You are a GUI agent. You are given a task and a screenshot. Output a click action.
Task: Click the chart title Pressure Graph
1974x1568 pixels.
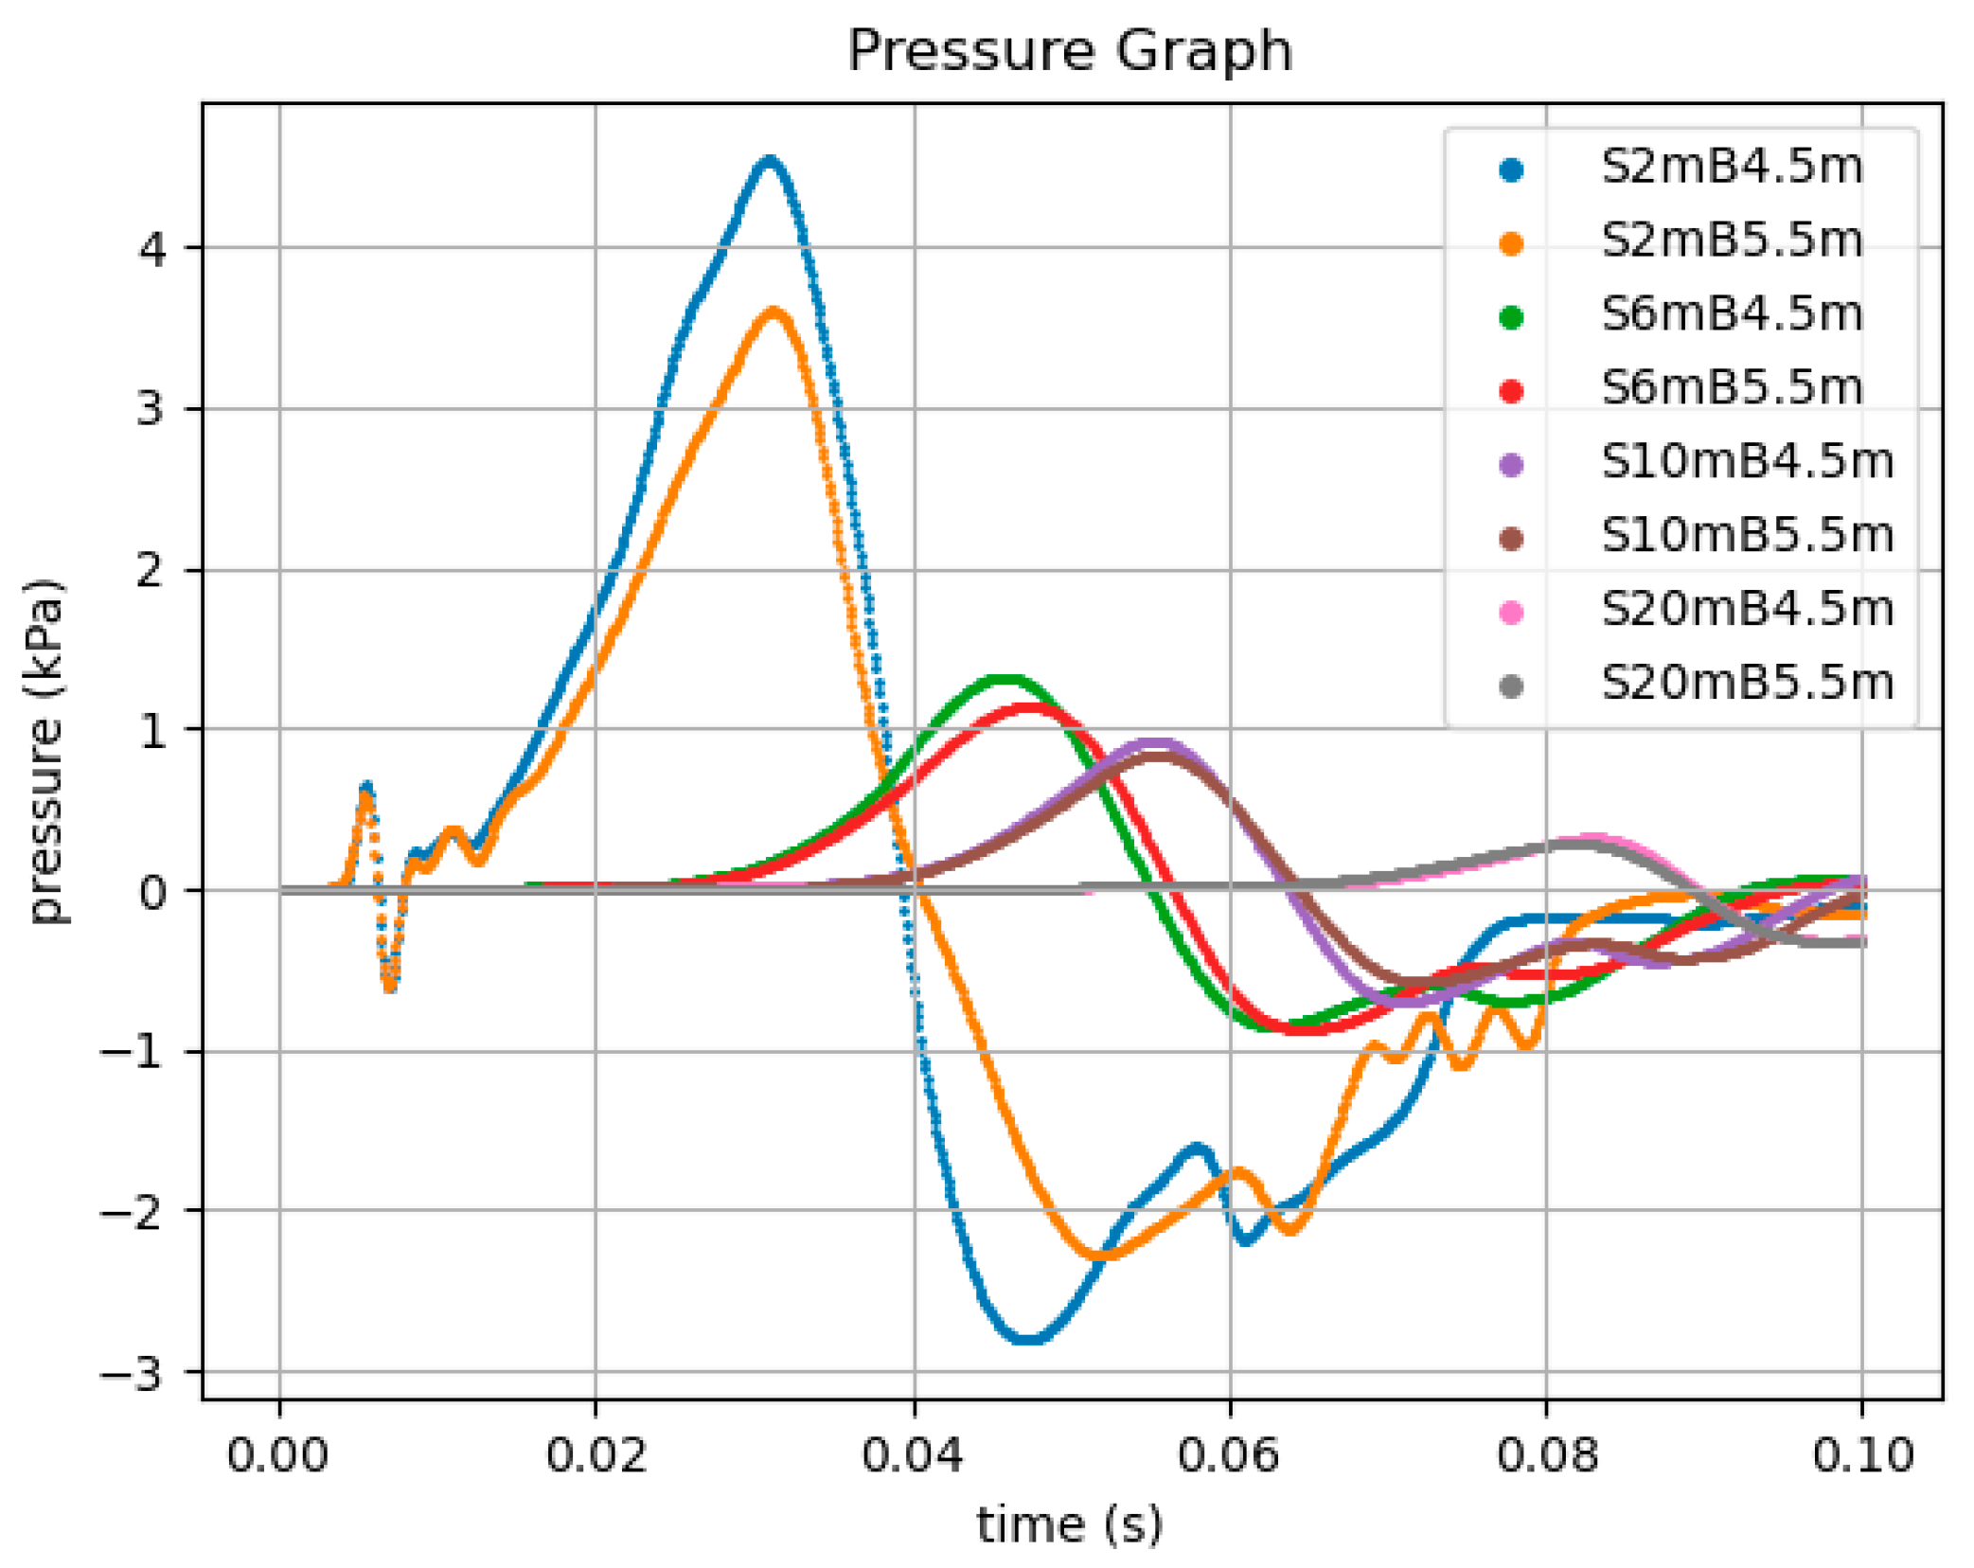(x=1069, y=51)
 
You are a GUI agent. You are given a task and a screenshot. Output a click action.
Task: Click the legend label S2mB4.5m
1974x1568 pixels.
(x=1732, y=168)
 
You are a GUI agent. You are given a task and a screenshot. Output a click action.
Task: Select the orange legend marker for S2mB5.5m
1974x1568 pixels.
(x=1511, y=243)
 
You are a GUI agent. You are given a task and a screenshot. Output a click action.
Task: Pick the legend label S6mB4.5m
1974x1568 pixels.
(x=1732, y=314)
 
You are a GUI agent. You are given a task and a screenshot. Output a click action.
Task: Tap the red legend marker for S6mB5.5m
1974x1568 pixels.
(x=1511, y=390)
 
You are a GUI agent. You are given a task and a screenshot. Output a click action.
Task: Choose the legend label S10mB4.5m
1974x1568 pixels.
(x=1747, y=462)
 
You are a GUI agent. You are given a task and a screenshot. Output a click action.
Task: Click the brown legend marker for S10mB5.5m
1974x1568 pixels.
(x=1511, y=538)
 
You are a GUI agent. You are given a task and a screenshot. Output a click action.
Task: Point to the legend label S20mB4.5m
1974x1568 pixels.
(x=1747, y=610)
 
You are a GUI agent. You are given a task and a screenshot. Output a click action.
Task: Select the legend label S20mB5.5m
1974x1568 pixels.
(x=1747, y=683)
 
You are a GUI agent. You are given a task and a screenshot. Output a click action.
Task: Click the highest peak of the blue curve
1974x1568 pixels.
(x=770, y=161)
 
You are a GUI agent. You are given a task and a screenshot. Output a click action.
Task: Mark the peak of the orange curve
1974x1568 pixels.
(x=774, y=312)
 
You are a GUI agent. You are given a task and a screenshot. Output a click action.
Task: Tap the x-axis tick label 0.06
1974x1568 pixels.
(x=1229, y=1454)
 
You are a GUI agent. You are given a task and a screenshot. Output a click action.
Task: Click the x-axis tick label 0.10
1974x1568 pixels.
(x=1862, y=1454)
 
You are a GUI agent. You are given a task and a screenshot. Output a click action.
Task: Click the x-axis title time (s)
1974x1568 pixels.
(x=1069, y=1525)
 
